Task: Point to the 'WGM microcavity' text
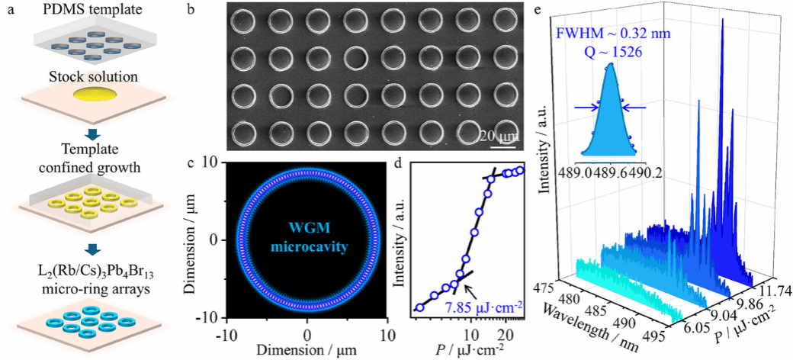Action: click(x=307, y=239)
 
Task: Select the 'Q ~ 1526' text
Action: click(x=612, y=54)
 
